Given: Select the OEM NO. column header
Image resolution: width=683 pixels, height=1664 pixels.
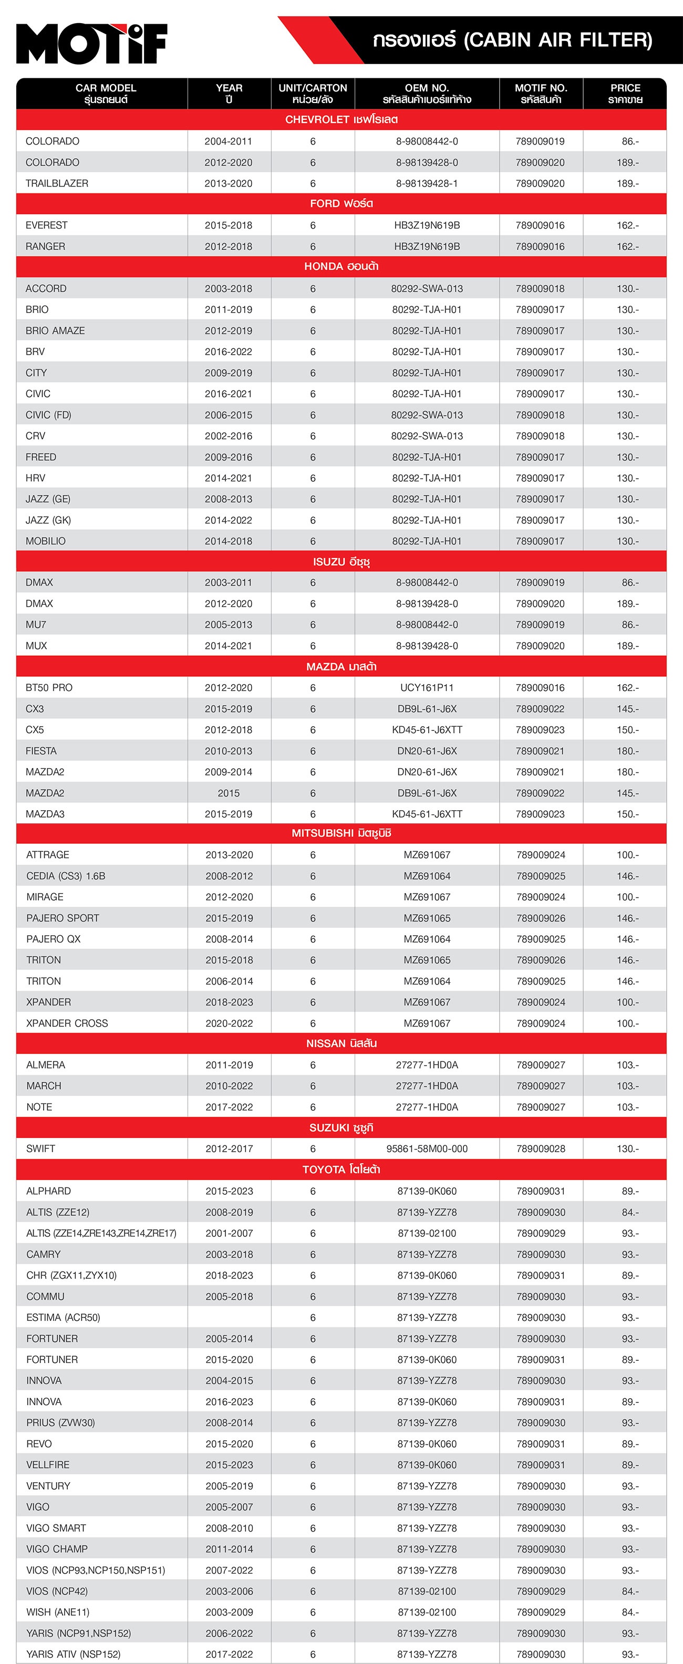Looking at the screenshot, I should click(427, 94).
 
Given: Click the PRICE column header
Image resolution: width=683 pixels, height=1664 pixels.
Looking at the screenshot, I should click(625, 94).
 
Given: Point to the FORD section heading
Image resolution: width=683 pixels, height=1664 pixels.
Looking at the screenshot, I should click(341, 203).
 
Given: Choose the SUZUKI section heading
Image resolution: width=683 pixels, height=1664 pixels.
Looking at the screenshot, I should click(341, 1128).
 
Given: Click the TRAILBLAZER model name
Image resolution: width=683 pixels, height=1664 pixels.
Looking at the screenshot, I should click(57, 183).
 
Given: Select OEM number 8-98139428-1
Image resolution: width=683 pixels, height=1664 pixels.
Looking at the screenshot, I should click(427, 183).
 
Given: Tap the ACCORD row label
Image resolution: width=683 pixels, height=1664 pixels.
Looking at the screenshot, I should click(46, 289).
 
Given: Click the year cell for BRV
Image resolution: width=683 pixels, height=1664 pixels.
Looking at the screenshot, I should click(229, 352).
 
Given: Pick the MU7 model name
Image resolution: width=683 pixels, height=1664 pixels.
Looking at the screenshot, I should click(36, 625).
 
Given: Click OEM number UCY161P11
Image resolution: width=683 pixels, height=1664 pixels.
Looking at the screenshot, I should click(427, 688).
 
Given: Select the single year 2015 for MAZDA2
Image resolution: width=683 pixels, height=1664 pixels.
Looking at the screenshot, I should click(229, 793).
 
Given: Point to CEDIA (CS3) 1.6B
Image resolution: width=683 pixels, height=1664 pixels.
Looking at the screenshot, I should click(65, 876).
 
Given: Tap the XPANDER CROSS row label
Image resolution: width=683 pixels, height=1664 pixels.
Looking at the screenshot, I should click(67, 1023).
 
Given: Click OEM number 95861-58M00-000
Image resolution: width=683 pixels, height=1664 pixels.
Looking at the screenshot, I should click(427, 1149).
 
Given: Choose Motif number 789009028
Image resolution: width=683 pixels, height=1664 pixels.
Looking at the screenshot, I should click(541, 1149).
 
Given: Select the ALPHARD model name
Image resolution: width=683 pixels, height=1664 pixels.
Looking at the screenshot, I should click(48, 1191).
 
